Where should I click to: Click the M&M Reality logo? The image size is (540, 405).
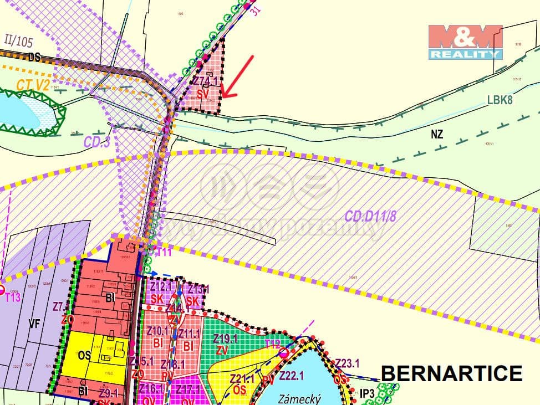click(465, 42)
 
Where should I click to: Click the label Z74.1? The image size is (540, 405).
click(205, 81)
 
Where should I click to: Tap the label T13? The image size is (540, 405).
click(12, 298)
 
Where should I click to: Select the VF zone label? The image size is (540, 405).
click(34, 324)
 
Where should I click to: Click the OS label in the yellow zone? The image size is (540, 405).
click(84, 355)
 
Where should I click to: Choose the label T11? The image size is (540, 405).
click(164, 253)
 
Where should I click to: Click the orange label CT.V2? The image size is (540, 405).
click(33, 85)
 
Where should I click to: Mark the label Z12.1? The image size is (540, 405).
click(162, 286)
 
